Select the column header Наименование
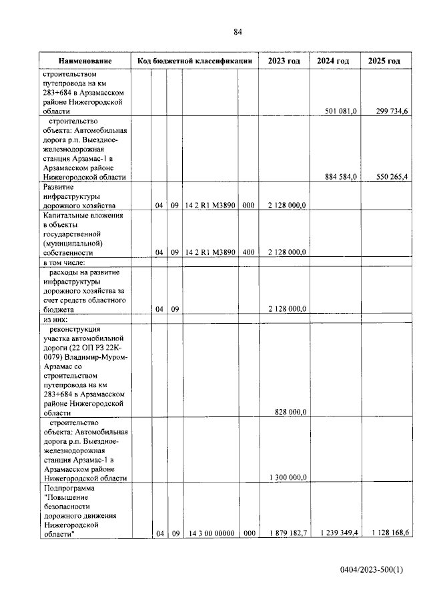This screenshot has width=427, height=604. (85, 61)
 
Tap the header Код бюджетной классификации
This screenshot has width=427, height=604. (194, 61)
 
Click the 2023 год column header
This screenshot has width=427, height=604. (284, 61)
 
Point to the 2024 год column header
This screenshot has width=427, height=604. (333, 61)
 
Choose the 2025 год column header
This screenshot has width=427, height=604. (384, 61)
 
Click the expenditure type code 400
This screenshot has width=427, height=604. (248, 252)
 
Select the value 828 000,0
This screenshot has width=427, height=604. (290, 412)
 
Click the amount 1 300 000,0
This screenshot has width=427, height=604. (288, 478)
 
